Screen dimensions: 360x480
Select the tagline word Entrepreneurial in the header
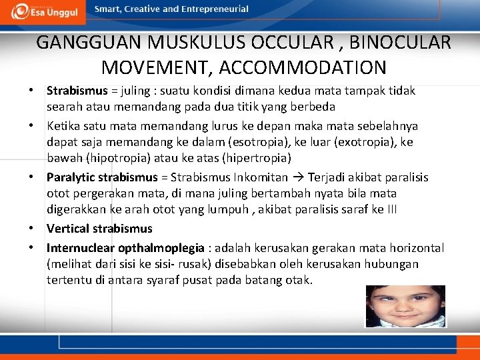point(213,9)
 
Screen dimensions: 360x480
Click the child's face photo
point(405,306)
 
